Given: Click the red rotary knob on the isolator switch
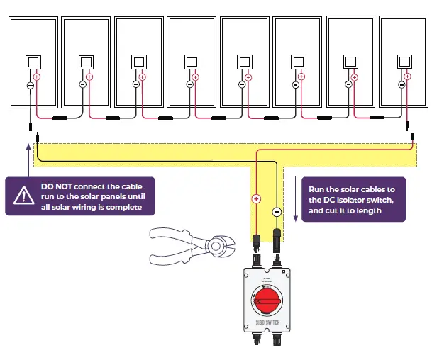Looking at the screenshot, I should click(x=267, y=303).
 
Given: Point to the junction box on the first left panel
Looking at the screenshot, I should click(x=33, y=62).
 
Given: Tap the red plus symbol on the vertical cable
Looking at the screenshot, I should click(x=257, y=199).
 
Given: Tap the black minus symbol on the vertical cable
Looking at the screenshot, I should click(x=277, y=211).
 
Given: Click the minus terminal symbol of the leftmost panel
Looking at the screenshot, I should click(x=30, y=86).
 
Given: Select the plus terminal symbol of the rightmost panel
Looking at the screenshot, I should click(x=407, y=77).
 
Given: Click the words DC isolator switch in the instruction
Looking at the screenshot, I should click(x=338, y=201).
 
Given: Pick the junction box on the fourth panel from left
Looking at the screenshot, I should click(x=192, y=62).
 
